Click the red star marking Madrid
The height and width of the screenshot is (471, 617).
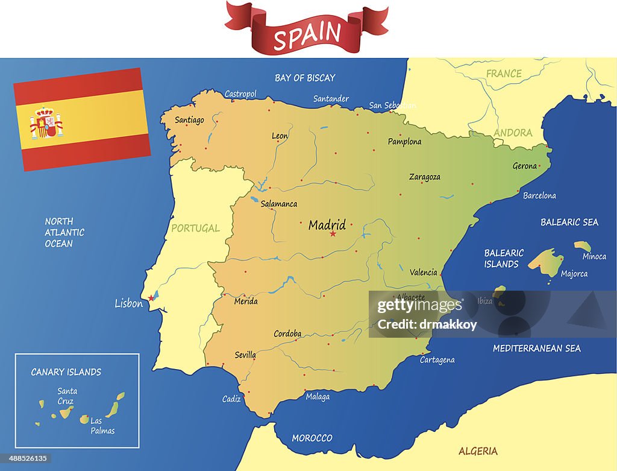(333, 233)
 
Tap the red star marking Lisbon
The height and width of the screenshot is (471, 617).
(151, 298)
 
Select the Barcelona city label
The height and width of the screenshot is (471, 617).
(539, 196)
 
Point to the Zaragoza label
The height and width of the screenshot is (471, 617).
(425, 177)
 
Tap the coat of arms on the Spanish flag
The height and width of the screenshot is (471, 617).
(46, 123)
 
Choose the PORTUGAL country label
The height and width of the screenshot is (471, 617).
(195, 228)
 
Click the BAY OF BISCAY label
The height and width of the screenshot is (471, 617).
(305, 78)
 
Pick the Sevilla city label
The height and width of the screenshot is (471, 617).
(245, 355)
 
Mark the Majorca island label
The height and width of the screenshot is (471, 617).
(574, 274)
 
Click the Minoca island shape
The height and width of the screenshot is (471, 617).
(582, 245)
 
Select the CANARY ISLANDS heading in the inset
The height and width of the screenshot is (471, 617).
(66, 372)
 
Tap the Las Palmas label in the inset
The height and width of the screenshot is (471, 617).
(102, 426)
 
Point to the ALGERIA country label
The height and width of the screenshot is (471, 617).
(478, 451)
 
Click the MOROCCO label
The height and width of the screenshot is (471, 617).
(312, 438)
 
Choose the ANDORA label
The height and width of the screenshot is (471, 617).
(513, 133)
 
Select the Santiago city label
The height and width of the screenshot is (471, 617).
(189, 120)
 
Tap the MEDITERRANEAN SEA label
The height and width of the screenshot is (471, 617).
(537, 348)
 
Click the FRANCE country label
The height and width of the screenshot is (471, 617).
(504, 74)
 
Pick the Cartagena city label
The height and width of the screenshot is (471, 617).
(437, 360)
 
